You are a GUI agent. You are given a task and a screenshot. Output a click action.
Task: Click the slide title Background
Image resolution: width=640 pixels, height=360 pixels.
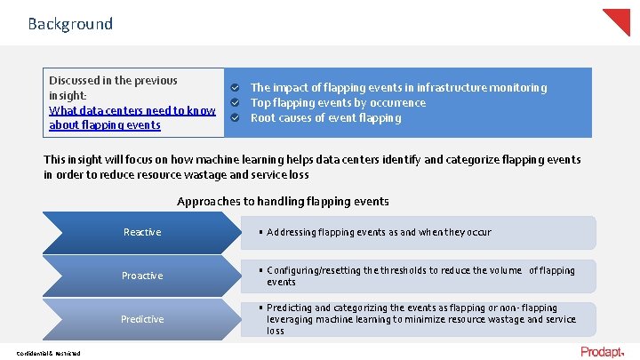pos(70,24)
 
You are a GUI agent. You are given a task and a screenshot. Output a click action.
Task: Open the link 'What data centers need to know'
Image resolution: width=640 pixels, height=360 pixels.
pos(132,110)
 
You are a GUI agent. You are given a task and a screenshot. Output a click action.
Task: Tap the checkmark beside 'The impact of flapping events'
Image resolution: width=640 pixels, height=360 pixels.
pos(235,88)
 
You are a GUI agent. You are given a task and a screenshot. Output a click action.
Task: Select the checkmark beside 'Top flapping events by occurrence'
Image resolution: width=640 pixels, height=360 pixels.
pos(235,103)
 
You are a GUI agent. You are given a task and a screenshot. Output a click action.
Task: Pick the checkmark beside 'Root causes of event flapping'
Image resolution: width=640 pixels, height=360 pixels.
pos(235,118)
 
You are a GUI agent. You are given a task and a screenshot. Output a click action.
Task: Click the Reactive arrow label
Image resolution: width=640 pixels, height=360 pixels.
pos(142,232)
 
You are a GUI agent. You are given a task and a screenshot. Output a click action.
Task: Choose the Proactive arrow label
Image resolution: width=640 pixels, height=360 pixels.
pos(142,276)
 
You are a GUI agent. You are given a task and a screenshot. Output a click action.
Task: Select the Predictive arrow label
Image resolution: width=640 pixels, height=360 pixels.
pos(142,319)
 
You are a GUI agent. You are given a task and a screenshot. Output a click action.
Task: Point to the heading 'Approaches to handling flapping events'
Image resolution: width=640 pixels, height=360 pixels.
pos(283,202)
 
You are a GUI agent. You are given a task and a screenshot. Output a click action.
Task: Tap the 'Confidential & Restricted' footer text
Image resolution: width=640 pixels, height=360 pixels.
pos(48,354)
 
